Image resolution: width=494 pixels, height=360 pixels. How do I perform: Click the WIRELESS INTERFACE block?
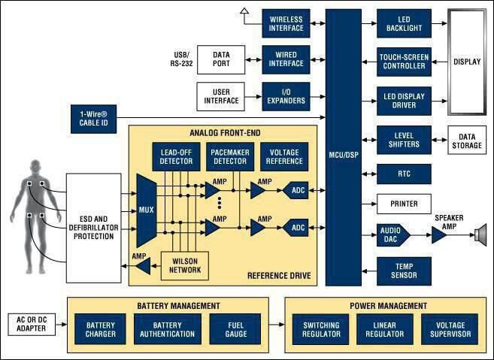(285, 23)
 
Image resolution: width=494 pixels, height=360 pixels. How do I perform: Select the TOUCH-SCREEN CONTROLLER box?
(405, 61)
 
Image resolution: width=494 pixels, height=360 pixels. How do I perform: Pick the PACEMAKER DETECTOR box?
(230, 156)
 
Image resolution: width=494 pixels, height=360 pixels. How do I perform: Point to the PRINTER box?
(405, 204)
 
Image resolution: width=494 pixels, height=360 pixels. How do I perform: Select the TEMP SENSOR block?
(405, 270)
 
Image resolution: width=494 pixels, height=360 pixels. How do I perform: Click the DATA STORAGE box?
(466, 141)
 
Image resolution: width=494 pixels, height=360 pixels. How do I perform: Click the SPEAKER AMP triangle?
(438, 236)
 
